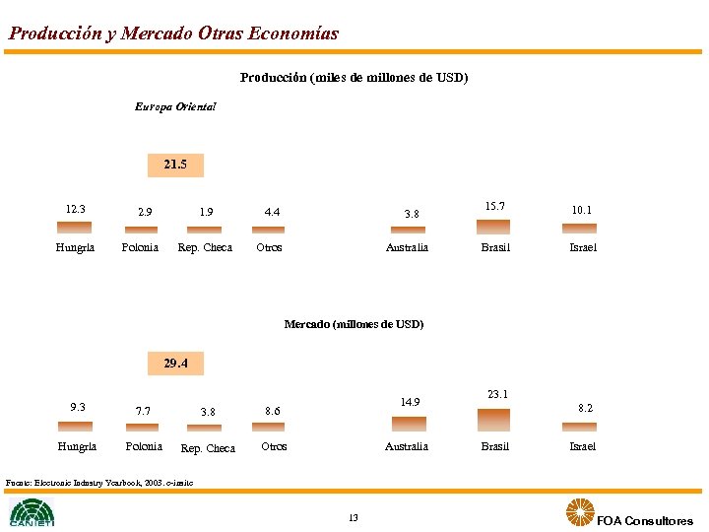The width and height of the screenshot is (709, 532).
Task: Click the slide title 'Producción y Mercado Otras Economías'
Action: pos(173,33)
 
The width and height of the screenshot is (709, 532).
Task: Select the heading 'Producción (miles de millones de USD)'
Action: pos(354,77)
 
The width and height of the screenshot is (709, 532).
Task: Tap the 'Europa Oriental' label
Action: pos(175,106)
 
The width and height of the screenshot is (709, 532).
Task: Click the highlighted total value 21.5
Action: pos(175,165)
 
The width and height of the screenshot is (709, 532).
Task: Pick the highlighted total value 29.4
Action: pos(175,364)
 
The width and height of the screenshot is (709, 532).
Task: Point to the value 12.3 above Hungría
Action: pos(75,209)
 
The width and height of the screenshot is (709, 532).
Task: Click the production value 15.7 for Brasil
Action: pos(494,206)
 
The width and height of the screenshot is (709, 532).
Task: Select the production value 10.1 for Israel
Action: pos(582,210)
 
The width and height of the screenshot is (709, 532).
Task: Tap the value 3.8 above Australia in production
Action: pos(411,213)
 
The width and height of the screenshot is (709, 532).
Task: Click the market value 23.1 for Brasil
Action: pos(497,394)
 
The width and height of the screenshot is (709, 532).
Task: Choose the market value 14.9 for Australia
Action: pos(410,402)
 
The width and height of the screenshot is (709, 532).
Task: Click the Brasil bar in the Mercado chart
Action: pos(494,420)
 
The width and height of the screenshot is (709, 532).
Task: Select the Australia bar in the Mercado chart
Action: pos(410,424)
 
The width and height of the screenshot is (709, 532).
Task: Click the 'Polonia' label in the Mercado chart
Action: pos(144,446)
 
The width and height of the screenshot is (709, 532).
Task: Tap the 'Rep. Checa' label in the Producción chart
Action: pos(204,247)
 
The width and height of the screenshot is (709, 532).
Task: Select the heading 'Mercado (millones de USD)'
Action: pos(354,324)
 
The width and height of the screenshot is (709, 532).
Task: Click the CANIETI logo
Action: pos(32,512)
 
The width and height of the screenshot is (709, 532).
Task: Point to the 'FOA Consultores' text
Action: pos(645,521)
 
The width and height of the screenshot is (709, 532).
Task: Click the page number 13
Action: pos(354,518)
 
